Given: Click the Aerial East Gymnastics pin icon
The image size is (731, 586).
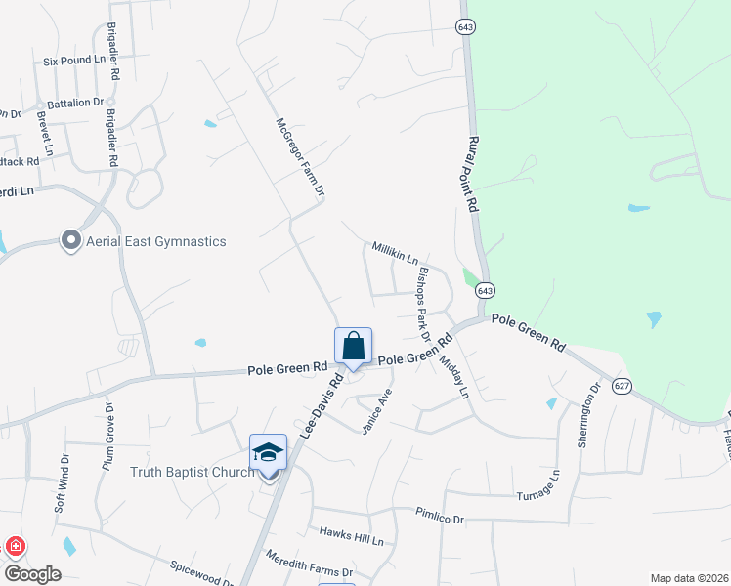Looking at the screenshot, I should click(70, 240).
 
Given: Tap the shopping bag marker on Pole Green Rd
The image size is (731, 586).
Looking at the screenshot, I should click(353, 348).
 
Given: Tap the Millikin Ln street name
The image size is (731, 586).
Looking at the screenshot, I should click(394, 253).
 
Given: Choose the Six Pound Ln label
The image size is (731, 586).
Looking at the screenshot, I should click(73, 61).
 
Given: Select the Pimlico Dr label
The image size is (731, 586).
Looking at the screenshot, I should click(439, 516).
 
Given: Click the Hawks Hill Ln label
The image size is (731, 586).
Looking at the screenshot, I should click(352, 536).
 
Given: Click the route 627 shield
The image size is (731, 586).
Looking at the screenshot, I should click(622, 386).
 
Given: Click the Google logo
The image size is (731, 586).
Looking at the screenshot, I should click(33, 573).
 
